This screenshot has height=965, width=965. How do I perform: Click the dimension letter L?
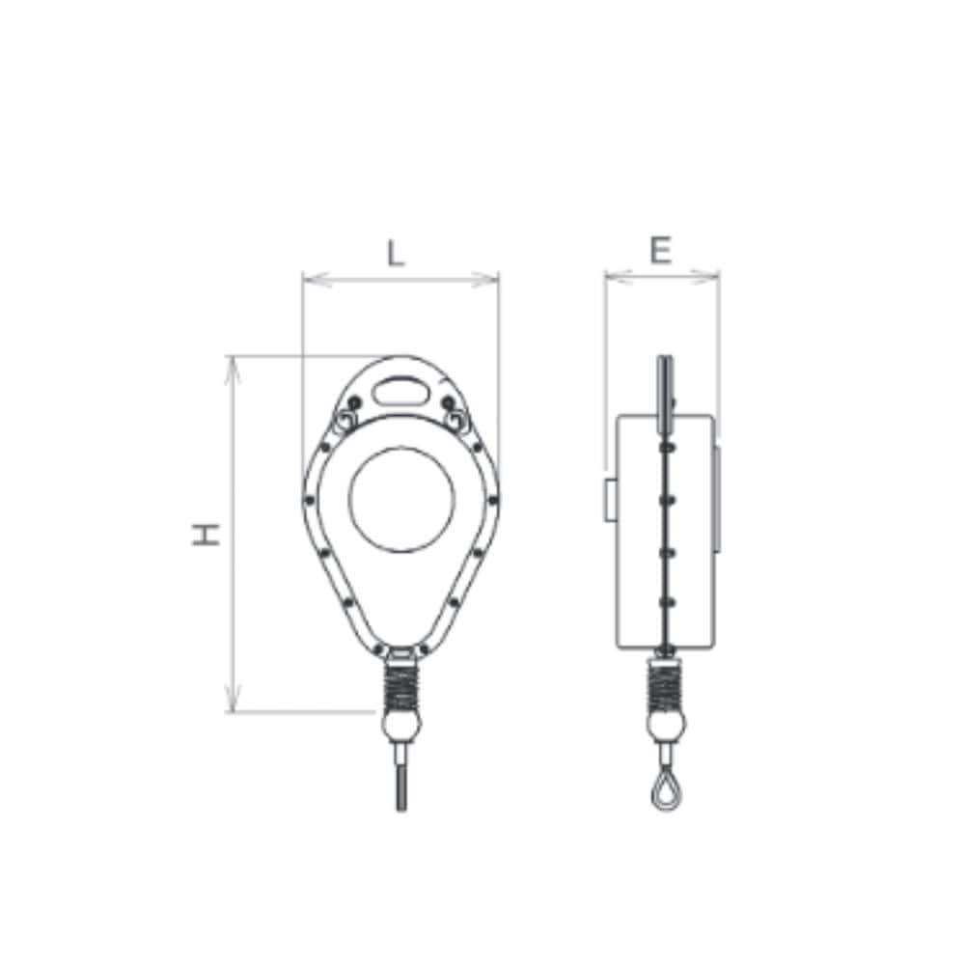[395, 253]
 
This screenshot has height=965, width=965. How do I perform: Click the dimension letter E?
[660, 251]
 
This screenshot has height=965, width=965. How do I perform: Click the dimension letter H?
[207, 535]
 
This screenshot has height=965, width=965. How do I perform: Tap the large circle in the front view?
[401, 500]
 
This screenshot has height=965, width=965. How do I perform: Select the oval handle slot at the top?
[401, 390]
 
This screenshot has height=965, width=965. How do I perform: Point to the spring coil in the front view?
[401, 686]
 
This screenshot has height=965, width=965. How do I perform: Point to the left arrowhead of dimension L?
[308, 280]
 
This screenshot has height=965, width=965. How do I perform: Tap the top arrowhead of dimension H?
[232, 362]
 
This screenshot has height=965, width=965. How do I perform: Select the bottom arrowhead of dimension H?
[232, 706]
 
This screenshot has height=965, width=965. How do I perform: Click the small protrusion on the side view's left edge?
[611, 498]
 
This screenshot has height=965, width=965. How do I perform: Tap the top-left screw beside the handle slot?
[355, 400]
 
